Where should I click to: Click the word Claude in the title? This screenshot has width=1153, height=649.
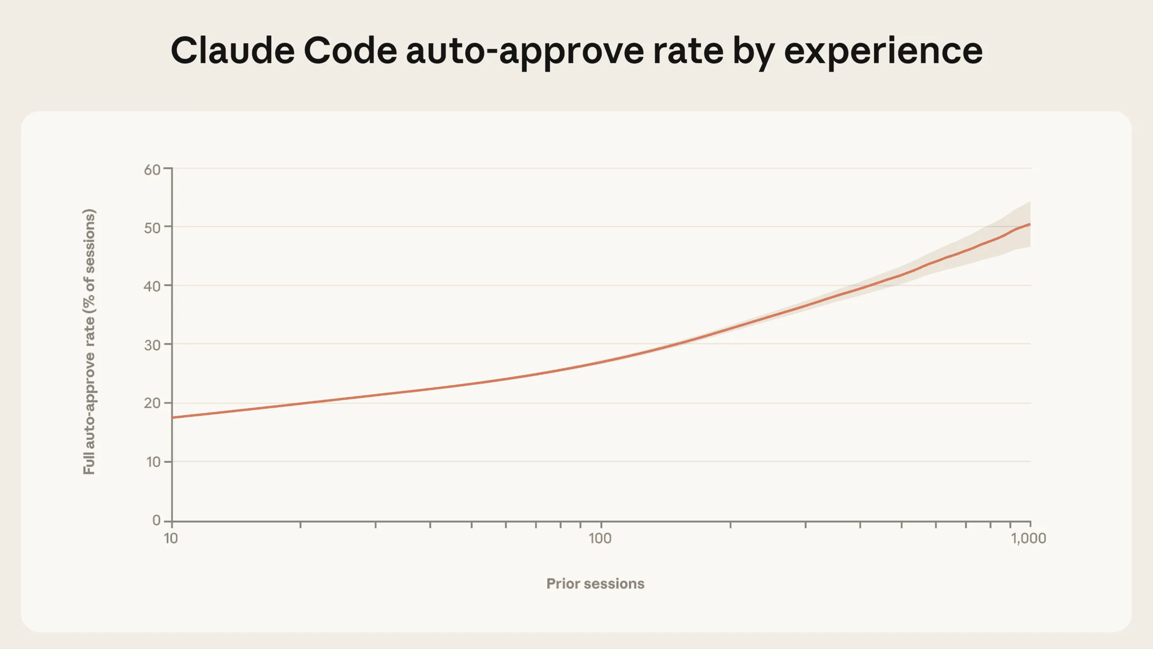click(x=232, y=50)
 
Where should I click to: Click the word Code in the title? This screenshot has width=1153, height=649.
click(x=350, y=50)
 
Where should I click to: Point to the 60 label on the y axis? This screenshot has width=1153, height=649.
click(x=152, y=170)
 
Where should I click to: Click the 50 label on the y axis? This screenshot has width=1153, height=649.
click(x=152, y=228)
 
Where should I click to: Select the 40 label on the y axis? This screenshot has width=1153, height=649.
click(x=152, y=286)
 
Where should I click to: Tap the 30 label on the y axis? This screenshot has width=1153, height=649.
click(x=152, y=345)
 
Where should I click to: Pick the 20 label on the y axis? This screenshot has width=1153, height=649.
click(x=152, y=403)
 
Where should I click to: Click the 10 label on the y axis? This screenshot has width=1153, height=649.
click(x=153, y=462)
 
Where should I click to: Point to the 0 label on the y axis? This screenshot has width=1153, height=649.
click(x=156, y=520)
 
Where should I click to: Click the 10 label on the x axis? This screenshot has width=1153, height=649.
click(x=171, y=538)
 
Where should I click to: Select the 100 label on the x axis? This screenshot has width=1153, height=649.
click(x=600, y=538)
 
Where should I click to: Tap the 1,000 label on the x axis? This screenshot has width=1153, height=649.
click(x=1028, y=538)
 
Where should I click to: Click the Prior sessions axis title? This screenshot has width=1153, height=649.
click(x=595, y=584)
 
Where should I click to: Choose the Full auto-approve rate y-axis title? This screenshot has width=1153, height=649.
click(x=89, y=342)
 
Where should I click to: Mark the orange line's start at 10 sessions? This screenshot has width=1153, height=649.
click(x=173, y=417)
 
